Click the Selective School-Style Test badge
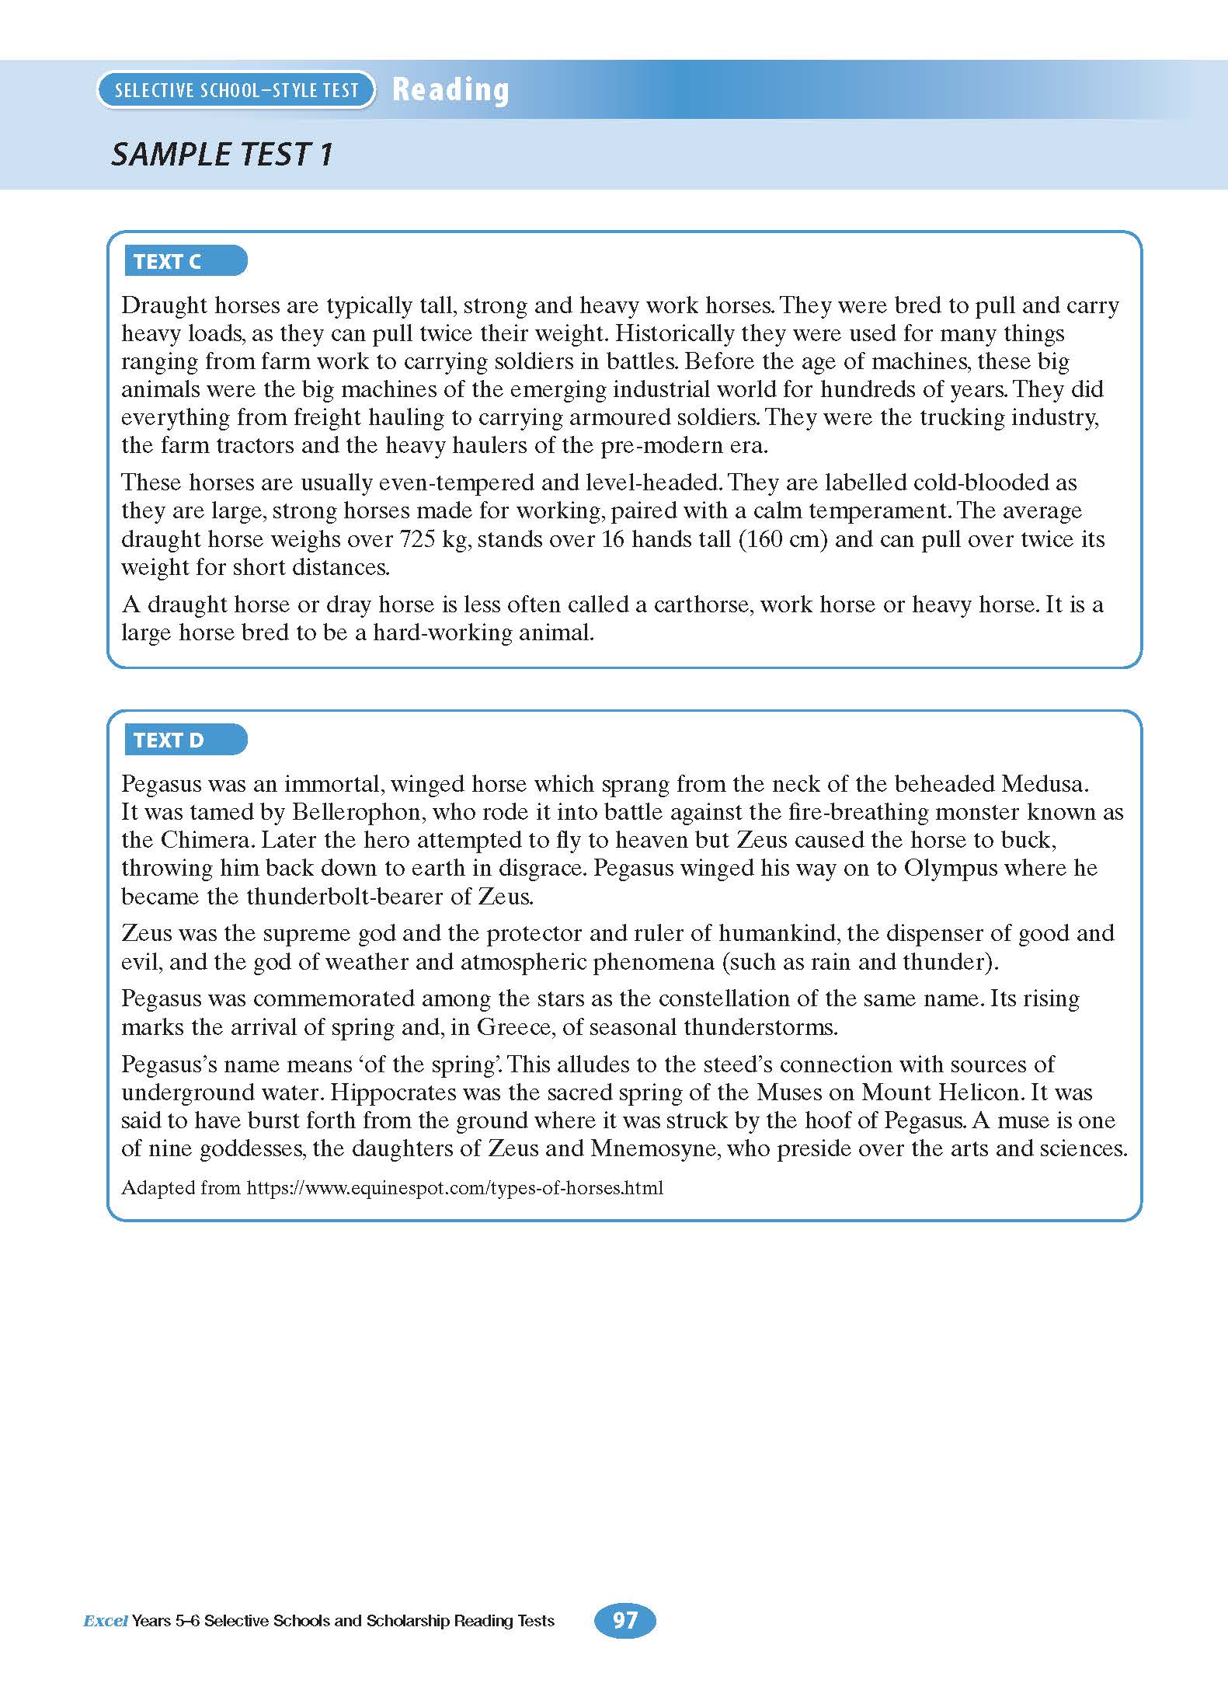pyautogui.click(x=236, y=90)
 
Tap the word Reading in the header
pyautogui.click(x=450, y=90)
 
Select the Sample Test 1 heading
pyautogui.click(x=222, y=154)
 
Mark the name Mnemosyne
pyautogui.click(x=656, y=1148)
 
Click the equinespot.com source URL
pyautogui.click(x=455, y=1188)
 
